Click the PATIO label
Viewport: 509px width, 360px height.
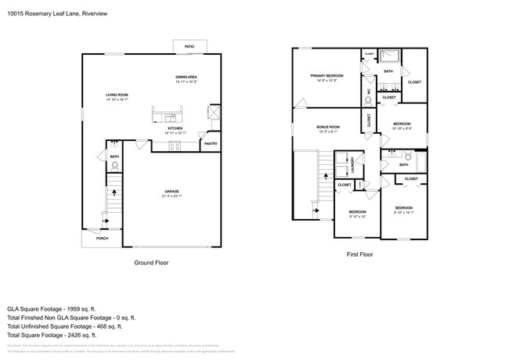click(x=189, y=47)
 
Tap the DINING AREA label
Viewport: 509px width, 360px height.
click(x=186, y=77)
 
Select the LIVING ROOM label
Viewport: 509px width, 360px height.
click(x=117, y=95)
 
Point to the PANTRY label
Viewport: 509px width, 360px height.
click(x=211, y=143)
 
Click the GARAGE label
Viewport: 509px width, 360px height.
click(x=171, y=191)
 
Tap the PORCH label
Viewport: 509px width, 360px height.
click(x=102, y=238)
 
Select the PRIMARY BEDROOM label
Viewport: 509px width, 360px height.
click(x=326, y=76)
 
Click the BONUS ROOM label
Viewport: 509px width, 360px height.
click(x=327, y=127)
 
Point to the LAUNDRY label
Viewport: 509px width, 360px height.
click(x=353, y=166)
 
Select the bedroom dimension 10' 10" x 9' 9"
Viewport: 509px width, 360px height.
click(x=402, y=129)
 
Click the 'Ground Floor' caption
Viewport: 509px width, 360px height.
click(x=151, y=263)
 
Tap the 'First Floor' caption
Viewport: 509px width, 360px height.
click(x=359, y=254)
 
